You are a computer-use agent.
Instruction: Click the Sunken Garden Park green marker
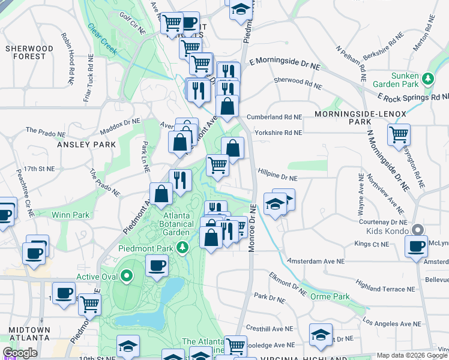(x=428, y=79)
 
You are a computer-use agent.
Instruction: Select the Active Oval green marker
(x=127, y=276)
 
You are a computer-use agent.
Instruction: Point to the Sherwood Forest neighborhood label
(x=25, y=52)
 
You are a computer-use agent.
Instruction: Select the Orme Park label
(x=330, y=296)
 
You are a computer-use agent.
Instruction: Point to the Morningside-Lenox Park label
(x=361, y=117)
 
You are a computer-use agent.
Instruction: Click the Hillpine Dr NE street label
(x=277, y=178)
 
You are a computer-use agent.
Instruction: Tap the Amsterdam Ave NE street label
(x=316, y=262)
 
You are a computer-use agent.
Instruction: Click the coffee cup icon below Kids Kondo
(x=415, y=246)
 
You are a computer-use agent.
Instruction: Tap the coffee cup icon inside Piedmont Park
(x=157, y=265)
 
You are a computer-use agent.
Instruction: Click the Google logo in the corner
(x=20, y=353)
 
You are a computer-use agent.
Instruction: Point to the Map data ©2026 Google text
(x=412, y=355)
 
